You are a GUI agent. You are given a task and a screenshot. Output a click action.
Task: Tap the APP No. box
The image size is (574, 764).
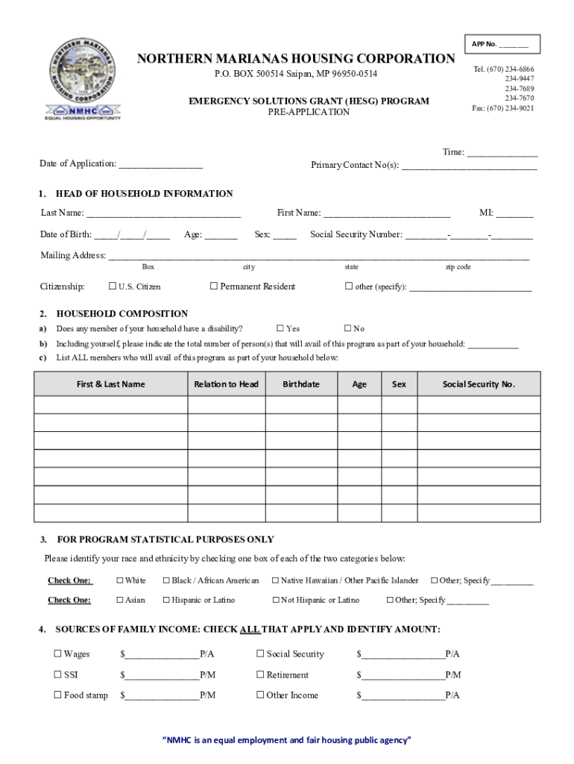pos(500,44)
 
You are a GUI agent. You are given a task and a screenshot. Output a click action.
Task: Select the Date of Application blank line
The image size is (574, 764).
pos(160,164)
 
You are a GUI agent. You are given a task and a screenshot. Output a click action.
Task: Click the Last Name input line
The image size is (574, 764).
pos(163,213)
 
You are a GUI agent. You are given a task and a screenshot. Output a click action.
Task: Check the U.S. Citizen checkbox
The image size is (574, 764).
pos(113,286)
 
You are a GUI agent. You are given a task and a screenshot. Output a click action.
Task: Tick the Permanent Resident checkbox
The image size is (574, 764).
pos(213,286)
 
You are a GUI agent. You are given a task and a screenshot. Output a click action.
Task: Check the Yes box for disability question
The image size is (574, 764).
pos(280,328)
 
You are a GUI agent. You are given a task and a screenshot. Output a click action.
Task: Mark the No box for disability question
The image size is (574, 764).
pos(347,328)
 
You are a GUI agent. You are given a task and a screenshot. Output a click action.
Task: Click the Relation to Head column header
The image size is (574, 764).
pos(226,384)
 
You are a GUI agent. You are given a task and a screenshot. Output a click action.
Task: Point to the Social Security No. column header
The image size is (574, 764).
pos(479,384)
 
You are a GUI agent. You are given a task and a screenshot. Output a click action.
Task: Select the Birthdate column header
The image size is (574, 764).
pos(301,384)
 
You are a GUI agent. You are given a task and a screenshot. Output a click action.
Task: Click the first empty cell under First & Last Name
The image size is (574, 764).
pos(110,405)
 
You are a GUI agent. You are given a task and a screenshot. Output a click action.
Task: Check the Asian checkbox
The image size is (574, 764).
pos(119,600)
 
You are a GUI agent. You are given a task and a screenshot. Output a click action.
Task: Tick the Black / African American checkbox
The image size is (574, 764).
pos(166,580)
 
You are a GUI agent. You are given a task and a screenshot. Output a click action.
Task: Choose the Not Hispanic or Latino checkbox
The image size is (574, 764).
pos(275,600)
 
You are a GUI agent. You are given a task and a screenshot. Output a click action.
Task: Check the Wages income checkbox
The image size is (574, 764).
pos(57,654)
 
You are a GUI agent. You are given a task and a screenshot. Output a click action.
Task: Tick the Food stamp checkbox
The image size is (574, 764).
pos(57,695)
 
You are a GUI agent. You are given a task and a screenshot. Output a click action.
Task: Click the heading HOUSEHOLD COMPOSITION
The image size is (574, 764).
pos(122,314)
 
